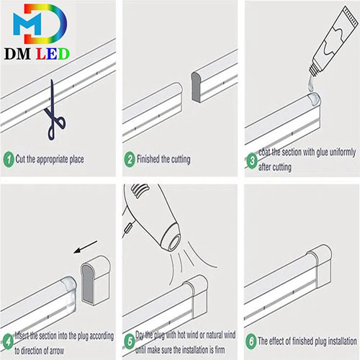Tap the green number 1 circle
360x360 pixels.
pyautogui.click(x=9, y=159)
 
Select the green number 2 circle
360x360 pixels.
pyautogui.click(x=130, y=159)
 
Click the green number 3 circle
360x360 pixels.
pyautogui.click(x=252, y=161)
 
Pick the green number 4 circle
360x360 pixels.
pyautogui.click(x=9, y=341)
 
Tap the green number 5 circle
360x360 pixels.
pyautogui.click(x=130, y=341)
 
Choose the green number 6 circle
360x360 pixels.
pyautogui.click(x=251, y=341)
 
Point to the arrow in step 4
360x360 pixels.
pyautogui.click(x=85, y=247)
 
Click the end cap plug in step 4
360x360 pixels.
pyautogui.click(x=96, y=280)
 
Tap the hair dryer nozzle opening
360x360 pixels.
pyautogui.click(x=174, y=242)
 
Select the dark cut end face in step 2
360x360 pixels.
pyautogui.click(x=196, y=87)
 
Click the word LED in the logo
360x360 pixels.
pyautogui.click(x=53, y=54)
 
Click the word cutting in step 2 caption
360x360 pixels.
pyautogui.click(x=179, y=159)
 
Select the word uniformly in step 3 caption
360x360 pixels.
pyautogui.click(x=343, y=153)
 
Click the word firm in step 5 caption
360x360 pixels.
pyautogui.click(x=220, y=350)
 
